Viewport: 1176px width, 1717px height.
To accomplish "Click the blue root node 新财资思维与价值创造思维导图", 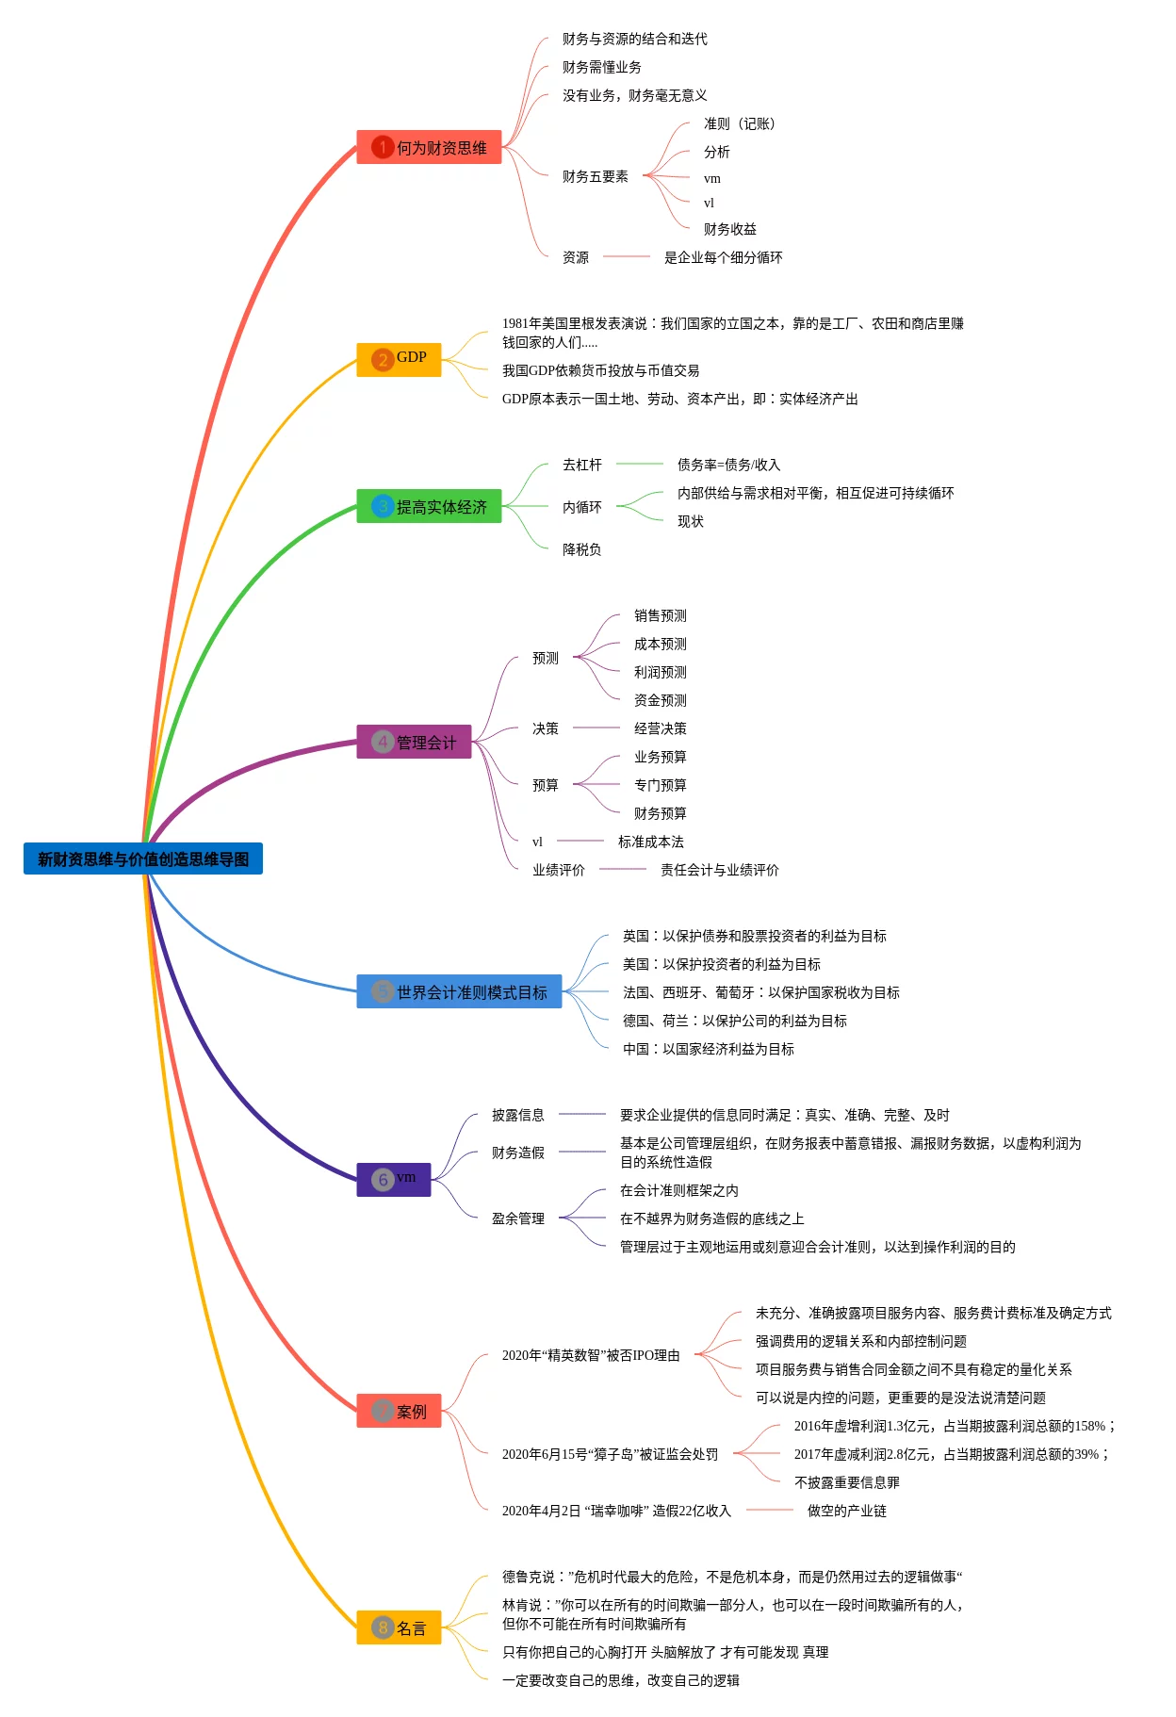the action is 143,858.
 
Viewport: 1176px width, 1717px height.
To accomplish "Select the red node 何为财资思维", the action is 429,147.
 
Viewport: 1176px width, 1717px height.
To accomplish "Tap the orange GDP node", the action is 399,359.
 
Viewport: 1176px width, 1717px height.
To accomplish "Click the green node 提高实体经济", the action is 429,506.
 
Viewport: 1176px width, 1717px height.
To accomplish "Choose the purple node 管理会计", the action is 414,742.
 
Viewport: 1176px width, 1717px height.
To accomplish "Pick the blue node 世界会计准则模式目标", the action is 459,991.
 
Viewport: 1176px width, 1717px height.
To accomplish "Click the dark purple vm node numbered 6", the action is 394,1179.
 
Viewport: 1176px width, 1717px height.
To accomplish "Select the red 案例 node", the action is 399,1411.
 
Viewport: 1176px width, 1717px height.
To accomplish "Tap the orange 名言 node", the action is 399,1627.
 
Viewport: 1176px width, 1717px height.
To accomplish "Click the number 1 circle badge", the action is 383,147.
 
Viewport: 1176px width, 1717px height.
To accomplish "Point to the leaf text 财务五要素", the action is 596,176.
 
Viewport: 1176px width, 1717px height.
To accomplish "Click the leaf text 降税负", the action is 581,549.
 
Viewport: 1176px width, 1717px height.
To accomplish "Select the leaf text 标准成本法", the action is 651,842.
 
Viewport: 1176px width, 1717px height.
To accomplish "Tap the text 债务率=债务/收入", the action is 728,465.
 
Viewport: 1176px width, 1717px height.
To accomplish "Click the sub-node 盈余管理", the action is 518,1218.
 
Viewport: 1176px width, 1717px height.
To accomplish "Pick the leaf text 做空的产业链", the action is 847,1511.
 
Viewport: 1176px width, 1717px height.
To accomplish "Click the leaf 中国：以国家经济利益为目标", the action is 709,1049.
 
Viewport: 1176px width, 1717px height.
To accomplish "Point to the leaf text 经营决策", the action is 661,728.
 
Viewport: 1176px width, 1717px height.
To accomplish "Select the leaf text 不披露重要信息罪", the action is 847,1482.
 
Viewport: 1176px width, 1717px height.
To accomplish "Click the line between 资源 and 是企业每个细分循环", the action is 627,256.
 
